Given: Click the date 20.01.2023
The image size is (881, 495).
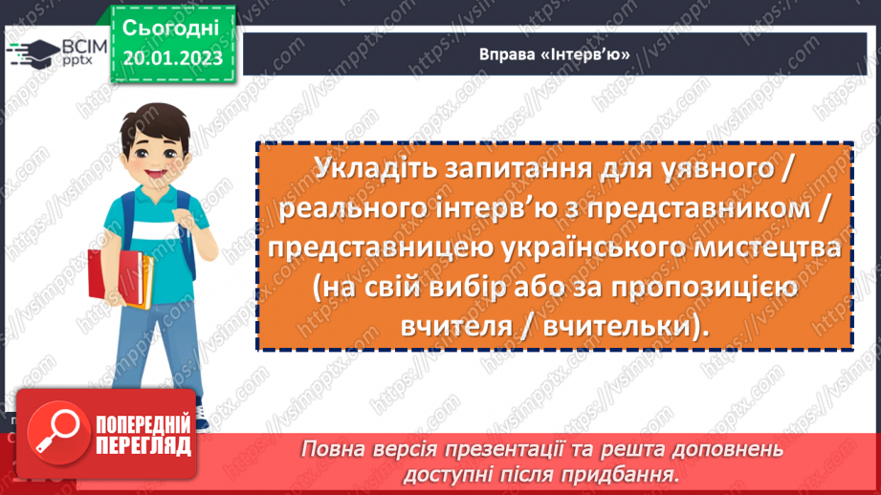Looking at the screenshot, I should coord(172,58).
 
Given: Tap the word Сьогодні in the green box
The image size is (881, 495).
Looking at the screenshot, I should coord(171,27).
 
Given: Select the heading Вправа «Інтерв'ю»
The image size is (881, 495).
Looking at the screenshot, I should coord(555,54).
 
